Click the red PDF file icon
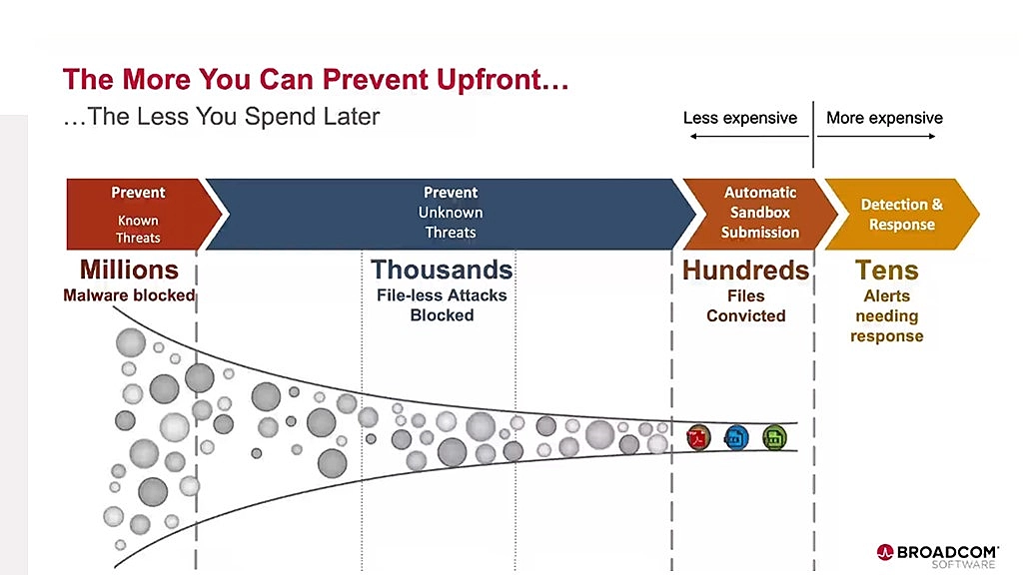coord(698,437)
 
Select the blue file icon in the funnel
coord(736,437)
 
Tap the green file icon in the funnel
coord(774,437)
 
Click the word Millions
coord(129,270)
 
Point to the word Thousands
coord(442,270)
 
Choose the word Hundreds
coord(745,271)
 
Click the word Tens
coord(887,271)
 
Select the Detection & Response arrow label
coord(902,215)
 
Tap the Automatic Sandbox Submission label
coord(760,213)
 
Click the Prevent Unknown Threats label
coord(451,213)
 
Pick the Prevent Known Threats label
coord(138,215)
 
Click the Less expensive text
coord(740,118)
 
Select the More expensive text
coord(885,118)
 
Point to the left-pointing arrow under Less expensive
coord(749,136)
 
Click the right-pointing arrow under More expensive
coord(876,136)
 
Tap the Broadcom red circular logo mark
coord(885,553)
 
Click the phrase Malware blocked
coord(129,295)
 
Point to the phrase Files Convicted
coord(745,305)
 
